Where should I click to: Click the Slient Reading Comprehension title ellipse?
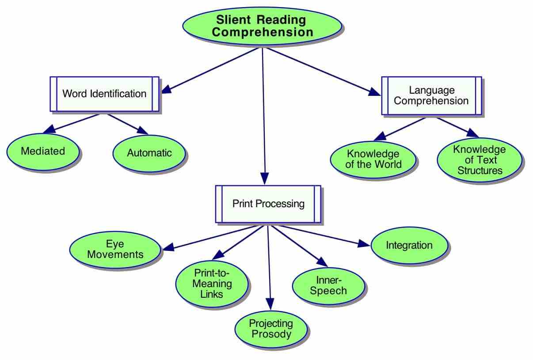click(x=262, y=26)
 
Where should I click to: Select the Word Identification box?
click(x=104, y=94)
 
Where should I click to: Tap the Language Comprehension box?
click(x=431, y=95)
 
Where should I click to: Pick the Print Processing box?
click(x=268, y=204)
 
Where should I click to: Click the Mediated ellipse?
click(x=43, y=152)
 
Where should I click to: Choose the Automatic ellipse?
click(x=149, y=153)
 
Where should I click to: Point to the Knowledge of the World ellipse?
click(x=373, y=159)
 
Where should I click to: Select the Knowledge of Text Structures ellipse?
click(x=480, y=160)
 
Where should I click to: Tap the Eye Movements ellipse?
click(x=115, y=250)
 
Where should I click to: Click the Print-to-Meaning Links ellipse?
click(x=212, y=284)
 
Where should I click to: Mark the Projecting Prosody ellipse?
click(x=271, y=329)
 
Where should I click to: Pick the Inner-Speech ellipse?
click(x=328, y=286)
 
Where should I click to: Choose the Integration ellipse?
click(x=409, y=245)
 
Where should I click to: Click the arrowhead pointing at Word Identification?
click(x=166, y=89)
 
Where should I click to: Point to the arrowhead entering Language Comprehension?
click(x=374, y=92)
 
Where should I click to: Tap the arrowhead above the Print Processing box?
click(x=265, y=178)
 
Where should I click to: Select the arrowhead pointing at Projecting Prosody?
click(x=270, y=304)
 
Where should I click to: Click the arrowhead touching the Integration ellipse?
click(x=364, y=244)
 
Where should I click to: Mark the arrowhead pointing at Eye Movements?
click(x=168, y=247)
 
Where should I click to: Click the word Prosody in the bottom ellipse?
click(x=271, y=334)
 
